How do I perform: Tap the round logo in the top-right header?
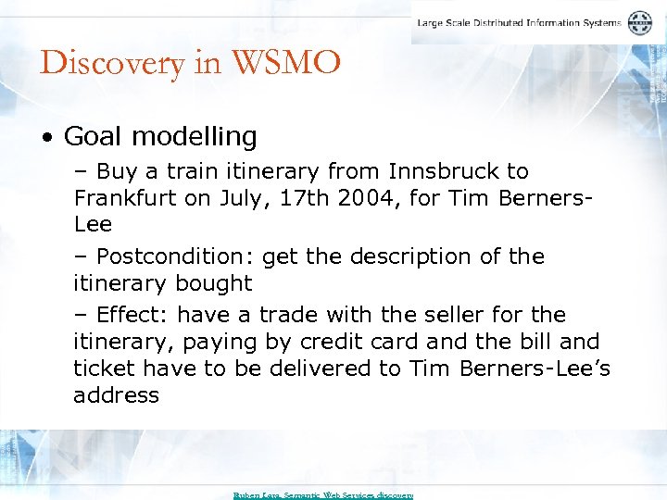pos(639,23)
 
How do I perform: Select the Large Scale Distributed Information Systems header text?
pos(519,23)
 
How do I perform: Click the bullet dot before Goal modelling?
pos(47,138)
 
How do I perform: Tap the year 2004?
pos(341,198)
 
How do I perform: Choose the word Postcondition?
pos(176,256)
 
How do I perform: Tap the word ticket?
pos(101,369)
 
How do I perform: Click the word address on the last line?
pos(116,395)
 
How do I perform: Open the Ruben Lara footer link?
pos(322,495)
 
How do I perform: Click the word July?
pos(236,198)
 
